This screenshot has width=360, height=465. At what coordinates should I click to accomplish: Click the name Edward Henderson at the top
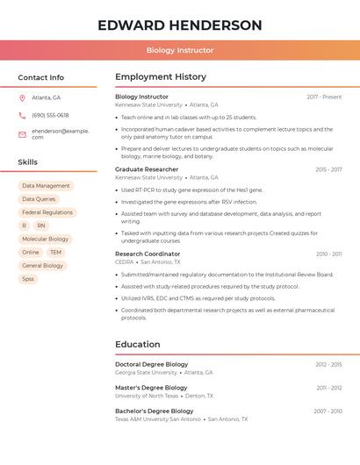179,25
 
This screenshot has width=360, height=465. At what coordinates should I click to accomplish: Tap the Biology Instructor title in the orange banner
179,50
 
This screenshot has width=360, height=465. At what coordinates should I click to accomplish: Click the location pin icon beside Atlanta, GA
22,97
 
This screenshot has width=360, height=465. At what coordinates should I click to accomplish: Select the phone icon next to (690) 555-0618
22,115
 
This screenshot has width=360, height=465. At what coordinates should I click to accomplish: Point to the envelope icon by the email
22,134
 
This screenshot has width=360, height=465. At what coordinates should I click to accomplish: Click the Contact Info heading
40,77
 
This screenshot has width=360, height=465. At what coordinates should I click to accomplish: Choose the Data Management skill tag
46,186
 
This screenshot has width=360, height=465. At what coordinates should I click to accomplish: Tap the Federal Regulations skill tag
47,212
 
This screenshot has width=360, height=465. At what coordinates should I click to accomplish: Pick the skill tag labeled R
24,225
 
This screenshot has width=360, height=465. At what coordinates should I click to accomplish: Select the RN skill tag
41,225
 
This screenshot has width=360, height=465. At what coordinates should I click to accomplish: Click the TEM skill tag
55,253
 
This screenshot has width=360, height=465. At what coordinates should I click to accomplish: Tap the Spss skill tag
28,279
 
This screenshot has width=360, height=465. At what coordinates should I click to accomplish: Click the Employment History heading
161,77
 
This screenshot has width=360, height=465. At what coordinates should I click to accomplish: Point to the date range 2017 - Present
324,97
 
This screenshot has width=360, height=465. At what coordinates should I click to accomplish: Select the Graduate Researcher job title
147,169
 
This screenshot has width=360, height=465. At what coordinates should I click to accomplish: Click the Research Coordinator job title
148,254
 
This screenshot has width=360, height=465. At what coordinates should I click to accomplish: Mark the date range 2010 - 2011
329,254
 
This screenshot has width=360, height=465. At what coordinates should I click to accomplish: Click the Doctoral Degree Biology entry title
151,364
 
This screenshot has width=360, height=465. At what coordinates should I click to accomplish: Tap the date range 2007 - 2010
328,411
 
